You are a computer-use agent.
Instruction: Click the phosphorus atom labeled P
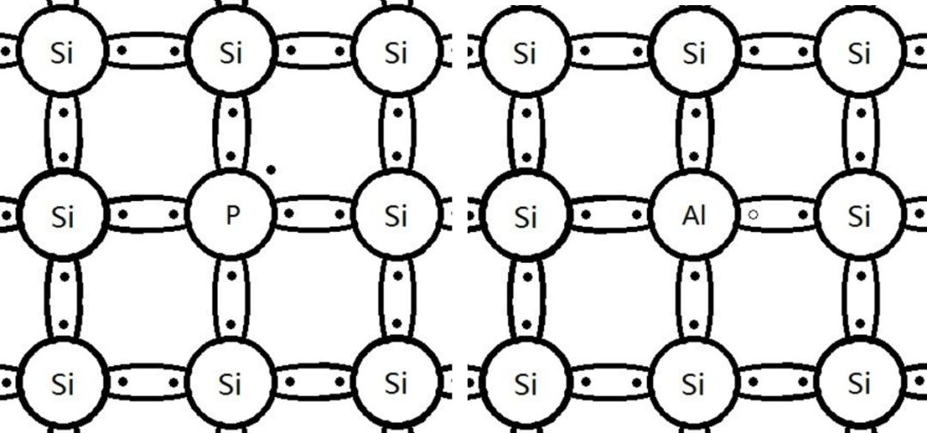coord(231,215)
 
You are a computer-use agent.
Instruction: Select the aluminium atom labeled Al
coord(694,215)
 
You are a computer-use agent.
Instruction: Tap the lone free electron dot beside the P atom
coord(271,170)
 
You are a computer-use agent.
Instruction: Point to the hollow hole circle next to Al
coord(753,215)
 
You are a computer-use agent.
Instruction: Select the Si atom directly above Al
coord(694,53)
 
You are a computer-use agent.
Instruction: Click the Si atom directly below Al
coord(694,381)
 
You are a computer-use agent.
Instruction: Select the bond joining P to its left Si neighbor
coord(147,215)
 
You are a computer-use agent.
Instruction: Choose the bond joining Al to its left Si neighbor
coord(609,215)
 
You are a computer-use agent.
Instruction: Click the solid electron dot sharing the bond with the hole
coord(803,215)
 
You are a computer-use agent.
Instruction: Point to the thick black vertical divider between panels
coord(460,215)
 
